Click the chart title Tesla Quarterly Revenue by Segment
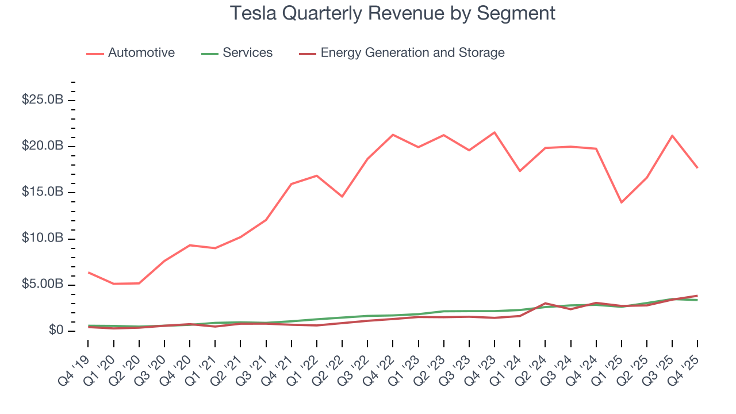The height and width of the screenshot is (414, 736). (393, 13)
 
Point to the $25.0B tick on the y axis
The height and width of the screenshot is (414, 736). (43, 100)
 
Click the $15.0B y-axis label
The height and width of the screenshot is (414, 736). (43, 192)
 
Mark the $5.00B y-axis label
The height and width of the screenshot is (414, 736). (43, 285)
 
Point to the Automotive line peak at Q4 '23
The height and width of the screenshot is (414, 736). (494, 132)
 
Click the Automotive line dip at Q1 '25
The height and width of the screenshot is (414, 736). (621, 202)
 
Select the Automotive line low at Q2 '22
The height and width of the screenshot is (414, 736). (342, 197)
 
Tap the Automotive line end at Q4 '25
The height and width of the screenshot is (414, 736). (697, 168)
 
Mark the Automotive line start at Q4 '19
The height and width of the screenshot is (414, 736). (89, 272)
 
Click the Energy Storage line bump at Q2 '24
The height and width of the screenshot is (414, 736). (545, 303)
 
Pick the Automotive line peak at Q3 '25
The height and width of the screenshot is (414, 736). (672, 136)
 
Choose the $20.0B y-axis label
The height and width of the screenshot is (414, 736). (43, 146)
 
